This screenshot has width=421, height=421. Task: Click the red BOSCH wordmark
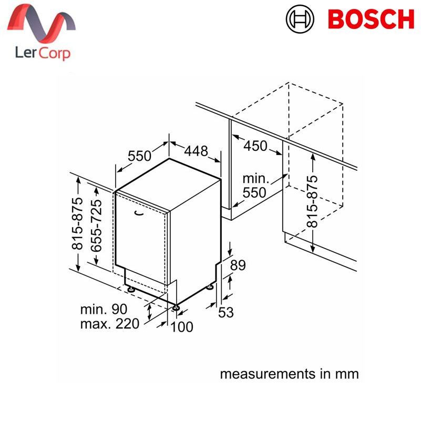click(371, 19)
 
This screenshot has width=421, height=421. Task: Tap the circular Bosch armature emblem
click(300, 19)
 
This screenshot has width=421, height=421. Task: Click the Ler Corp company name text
click(43, 53)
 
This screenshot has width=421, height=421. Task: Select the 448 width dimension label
click(196, 151)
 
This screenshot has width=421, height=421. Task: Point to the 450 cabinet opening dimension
click(255, 146)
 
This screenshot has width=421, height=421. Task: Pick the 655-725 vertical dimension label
click(96, 225)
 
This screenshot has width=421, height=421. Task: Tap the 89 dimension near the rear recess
click(238, 265)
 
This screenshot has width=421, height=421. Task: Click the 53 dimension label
click(226, 312)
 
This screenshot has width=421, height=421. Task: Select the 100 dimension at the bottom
click(182, 327)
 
